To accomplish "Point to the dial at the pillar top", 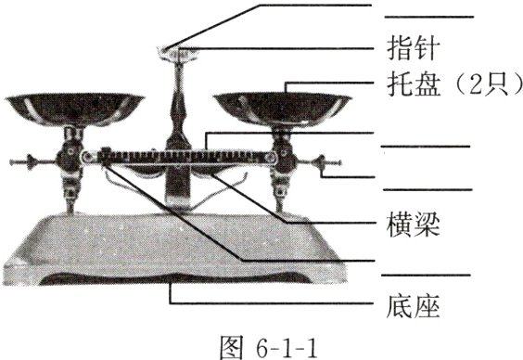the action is [x=176, y=52].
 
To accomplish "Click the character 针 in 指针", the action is [x=417, y=45].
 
